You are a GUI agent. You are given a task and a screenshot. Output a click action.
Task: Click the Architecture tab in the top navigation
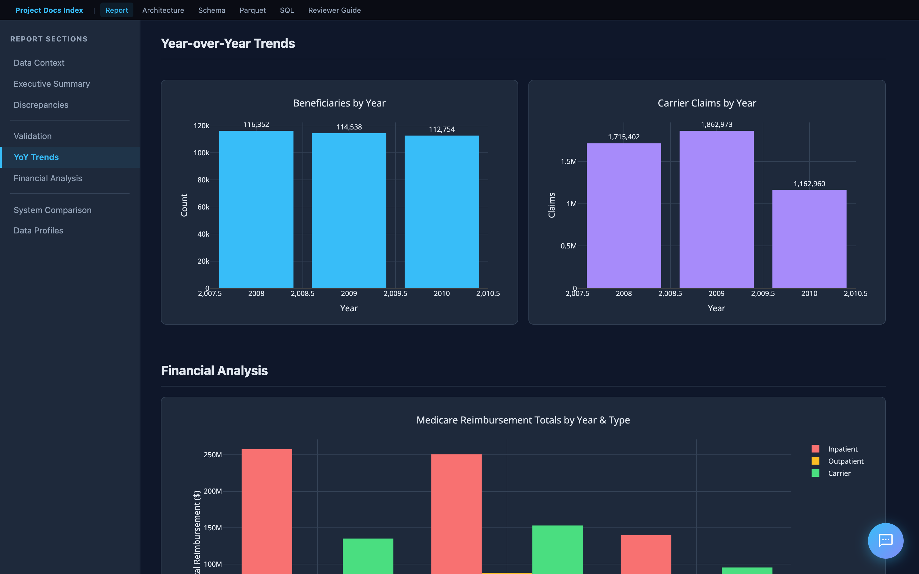(x=163, y=10)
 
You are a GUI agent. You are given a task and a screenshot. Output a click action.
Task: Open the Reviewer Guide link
(x=334, y=10)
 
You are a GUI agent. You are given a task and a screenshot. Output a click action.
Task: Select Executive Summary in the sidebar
(x=52, y=84)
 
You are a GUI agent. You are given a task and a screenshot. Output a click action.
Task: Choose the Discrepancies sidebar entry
(x=41, y=105)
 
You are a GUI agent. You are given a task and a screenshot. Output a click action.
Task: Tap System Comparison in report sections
(x=52, y=210)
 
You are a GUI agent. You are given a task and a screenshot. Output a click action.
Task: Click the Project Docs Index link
(x=49, y=10)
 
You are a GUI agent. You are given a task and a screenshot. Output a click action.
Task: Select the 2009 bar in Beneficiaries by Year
(x=348, y=211)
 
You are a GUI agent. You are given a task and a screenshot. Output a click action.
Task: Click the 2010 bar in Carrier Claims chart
(x=809, y=239)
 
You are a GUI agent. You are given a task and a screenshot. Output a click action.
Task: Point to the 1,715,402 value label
(x=624, y=137)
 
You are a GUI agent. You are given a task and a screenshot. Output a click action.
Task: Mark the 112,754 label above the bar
(x=442, y=129)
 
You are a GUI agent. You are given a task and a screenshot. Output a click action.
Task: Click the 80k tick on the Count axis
(x=203, y=180)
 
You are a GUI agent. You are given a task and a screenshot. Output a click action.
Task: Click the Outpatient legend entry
(x=845, y=461)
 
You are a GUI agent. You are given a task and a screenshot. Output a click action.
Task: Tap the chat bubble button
(x=885, y=541)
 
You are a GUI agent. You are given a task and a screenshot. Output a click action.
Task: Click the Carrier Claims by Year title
(x=706, y=103)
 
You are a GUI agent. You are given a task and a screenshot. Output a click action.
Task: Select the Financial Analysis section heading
(x=214, y=371)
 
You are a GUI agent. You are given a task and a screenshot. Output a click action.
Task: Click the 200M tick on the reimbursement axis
(x=212, y=491)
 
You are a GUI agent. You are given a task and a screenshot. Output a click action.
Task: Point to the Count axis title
(x=184, y=205)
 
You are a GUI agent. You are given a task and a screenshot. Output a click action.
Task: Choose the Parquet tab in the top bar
(x=252, y=10)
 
